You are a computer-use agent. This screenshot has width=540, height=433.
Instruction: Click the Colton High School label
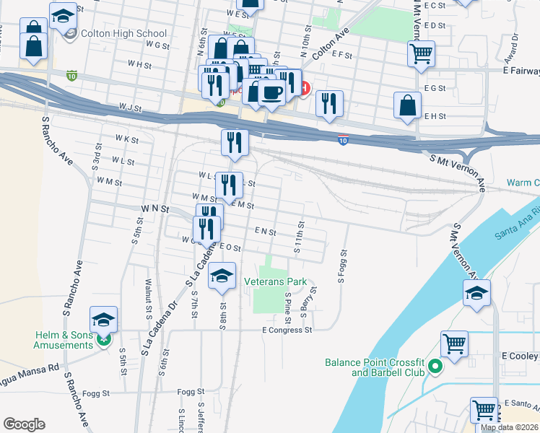[x=125, y=34]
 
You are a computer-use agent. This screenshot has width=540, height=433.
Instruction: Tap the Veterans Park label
[x=275, y=282]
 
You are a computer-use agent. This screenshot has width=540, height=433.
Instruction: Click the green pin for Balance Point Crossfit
[x=435, y=367]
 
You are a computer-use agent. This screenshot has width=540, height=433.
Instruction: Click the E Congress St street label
[x=287, y=331]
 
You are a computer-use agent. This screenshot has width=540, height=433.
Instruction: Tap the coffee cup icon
[x=271, y=92]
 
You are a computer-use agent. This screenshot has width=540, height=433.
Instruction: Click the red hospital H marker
[x=305, y=89]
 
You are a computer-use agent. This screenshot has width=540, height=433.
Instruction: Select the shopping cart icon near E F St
[x=421, y=53]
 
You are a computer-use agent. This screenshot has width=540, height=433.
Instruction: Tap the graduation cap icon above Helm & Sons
[x=103, y=319]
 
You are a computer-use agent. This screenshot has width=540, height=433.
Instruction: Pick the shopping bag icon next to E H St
[x=407, y=105]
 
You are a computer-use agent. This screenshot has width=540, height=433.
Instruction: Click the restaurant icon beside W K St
[x=235, y=141]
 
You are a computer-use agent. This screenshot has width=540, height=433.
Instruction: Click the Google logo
[x=25, y=424]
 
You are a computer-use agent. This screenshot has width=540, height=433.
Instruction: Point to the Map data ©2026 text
[x=509, y=427]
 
